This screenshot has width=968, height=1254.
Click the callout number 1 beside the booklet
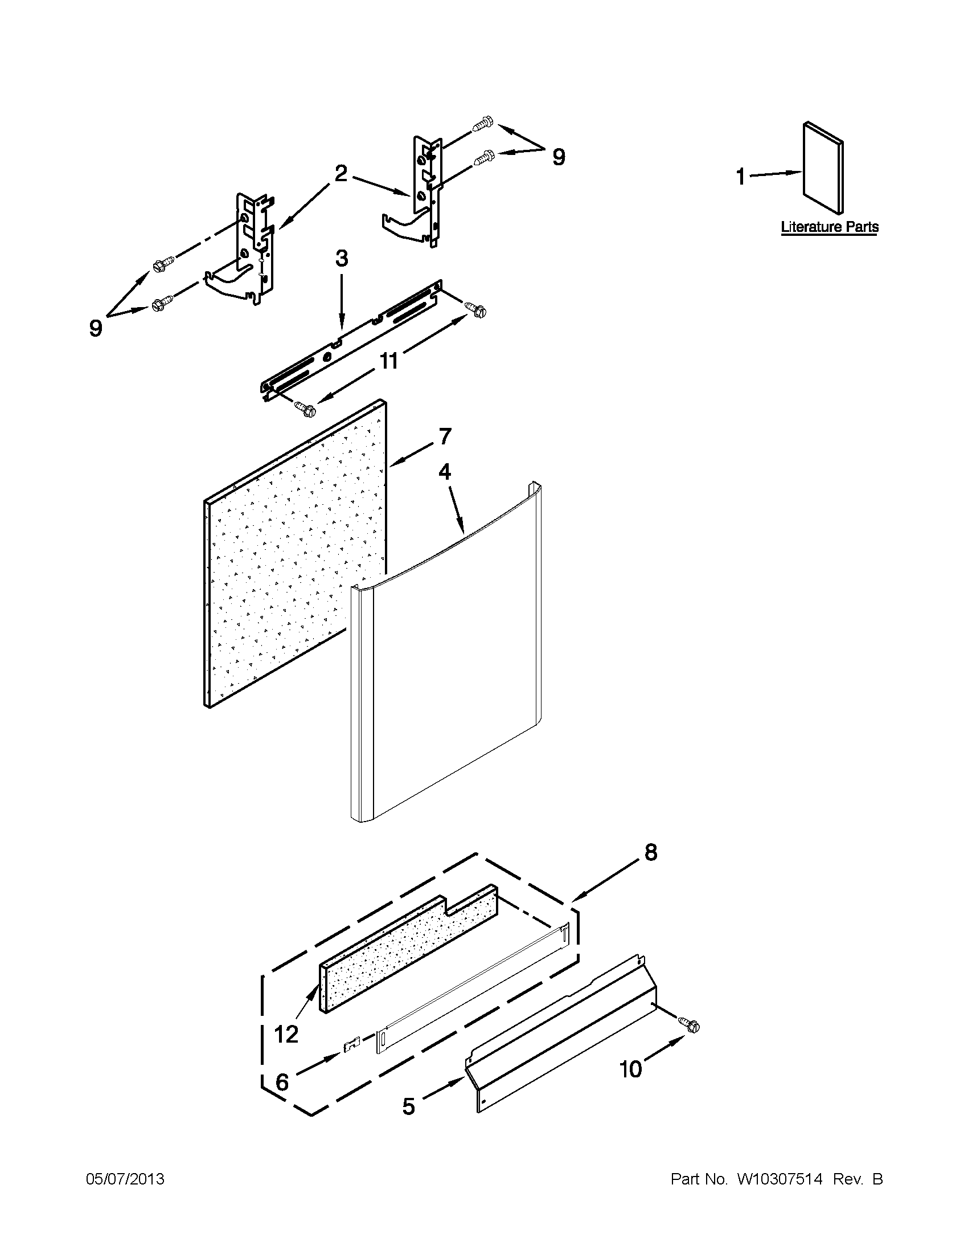click(741, 177)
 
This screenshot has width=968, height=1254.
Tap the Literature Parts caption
click(829, 227)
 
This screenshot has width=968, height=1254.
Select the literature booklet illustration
click(823, 166)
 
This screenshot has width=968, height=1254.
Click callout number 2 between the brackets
click(341, 173)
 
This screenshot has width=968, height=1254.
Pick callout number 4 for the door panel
click(445, 472)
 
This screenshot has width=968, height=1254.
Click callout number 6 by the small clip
click(282, 1082)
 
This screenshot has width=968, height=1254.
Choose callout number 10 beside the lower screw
click(630, 1069)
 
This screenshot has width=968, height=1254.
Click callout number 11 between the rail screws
click(389, 362)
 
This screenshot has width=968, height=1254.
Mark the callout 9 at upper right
click(558, 157)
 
